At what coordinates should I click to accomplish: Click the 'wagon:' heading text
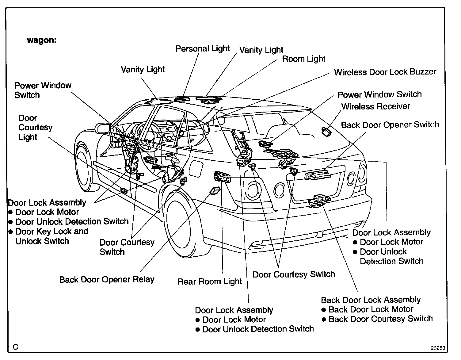pos(42,40)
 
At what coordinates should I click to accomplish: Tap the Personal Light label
pos(203,49)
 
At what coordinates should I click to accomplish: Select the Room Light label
pos(303,59)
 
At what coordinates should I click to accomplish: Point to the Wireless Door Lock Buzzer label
pos(385,72)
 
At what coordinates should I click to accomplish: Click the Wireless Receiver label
pos(375,106)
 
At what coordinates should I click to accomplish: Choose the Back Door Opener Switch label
pos(390,125)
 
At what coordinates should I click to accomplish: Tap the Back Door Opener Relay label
pos(107,280)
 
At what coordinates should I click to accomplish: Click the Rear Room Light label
pos(210,282)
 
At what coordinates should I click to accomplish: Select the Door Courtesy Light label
pos(35,128)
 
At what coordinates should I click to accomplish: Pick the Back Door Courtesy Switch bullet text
pos(381,319)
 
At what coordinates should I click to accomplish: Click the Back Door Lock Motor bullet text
pos(371,309)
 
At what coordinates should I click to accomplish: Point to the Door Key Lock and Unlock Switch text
pos(52,236)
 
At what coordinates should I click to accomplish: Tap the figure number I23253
pos(437,348)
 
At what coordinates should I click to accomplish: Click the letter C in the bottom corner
pos(16,347)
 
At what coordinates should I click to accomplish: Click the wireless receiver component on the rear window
pos(326,132)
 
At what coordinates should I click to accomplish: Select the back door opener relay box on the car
pos(215,190)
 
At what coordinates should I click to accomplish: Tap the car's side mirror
pos(103,128)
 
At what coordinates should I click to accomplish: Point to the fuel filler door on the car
pos(196,169)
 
